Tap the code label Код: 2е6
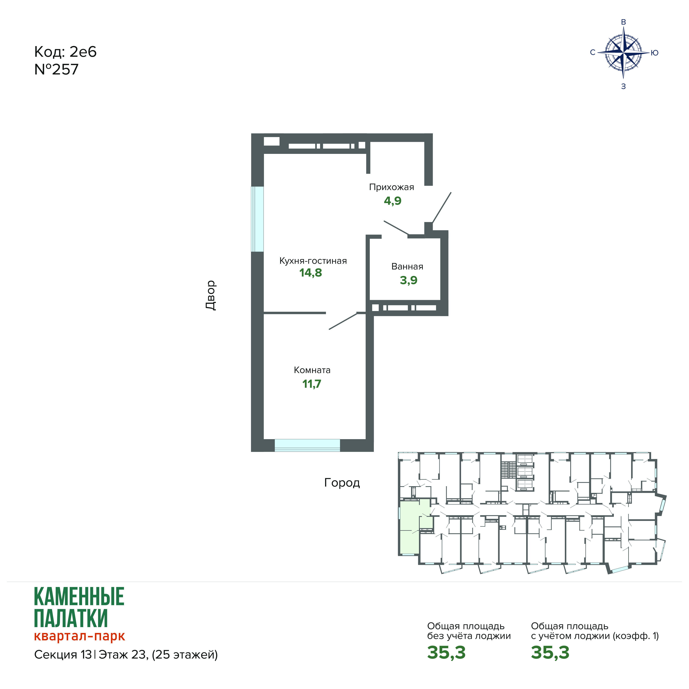tap(65, 52)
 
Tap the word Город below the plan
tap(342, 483)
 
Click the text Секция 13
tap(63, 655)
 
